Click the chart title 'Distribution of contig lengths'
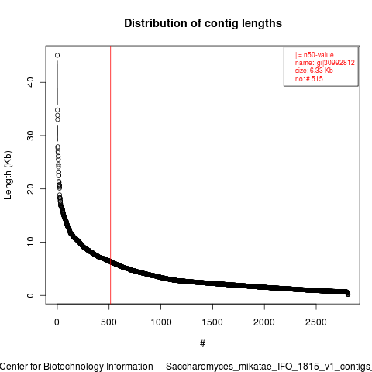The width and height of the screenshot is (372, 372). [x=203, y=23]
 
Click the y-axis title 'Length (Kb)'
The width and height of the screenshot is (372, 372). [x=8, y=175]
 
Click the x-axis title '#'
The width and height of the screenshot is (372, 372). [x=202, y=344]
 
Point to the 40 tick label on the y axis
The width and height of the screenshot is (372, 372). [x=30, y=82]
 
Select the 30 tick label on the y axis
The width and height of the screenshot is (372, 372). [x=30, y=136]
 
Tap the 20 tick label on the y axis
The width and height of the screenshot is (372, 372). [x=30, y=189]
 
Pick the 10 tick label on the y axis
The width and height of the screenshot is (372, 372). [x=30, y=242]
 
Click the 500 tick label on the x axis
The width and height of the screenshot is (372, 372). [x=108, y=322]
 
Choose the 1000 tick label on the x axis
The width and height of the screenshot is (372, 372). [x=160, y=322]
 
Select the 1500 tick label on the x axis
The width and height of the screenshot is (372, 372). [x=212, y=322]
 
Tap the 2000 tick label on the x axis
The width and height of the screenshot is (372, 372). [x=264, y=322]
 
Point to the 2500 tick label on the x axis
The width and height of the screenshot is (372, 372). [x=316, y=322]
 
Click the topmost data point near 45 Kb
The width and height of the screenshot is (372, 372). [x=57, y=55]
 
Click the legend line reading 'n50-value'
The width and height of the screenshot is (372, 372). [x=315, y=55]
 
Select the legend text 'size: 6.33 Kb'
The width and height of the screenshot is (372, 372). [x=314, y=71]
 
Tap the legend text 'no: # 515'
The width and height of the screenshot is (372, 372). [x=309, y=79]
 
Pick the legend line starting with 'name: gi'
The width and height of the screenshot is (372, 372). [x=325, y=63]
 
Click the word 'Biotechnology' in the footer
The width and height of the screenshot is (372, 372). [x=72, y=367]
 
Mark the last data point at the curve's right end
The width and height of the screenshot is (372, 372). [x=348, y=294]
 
